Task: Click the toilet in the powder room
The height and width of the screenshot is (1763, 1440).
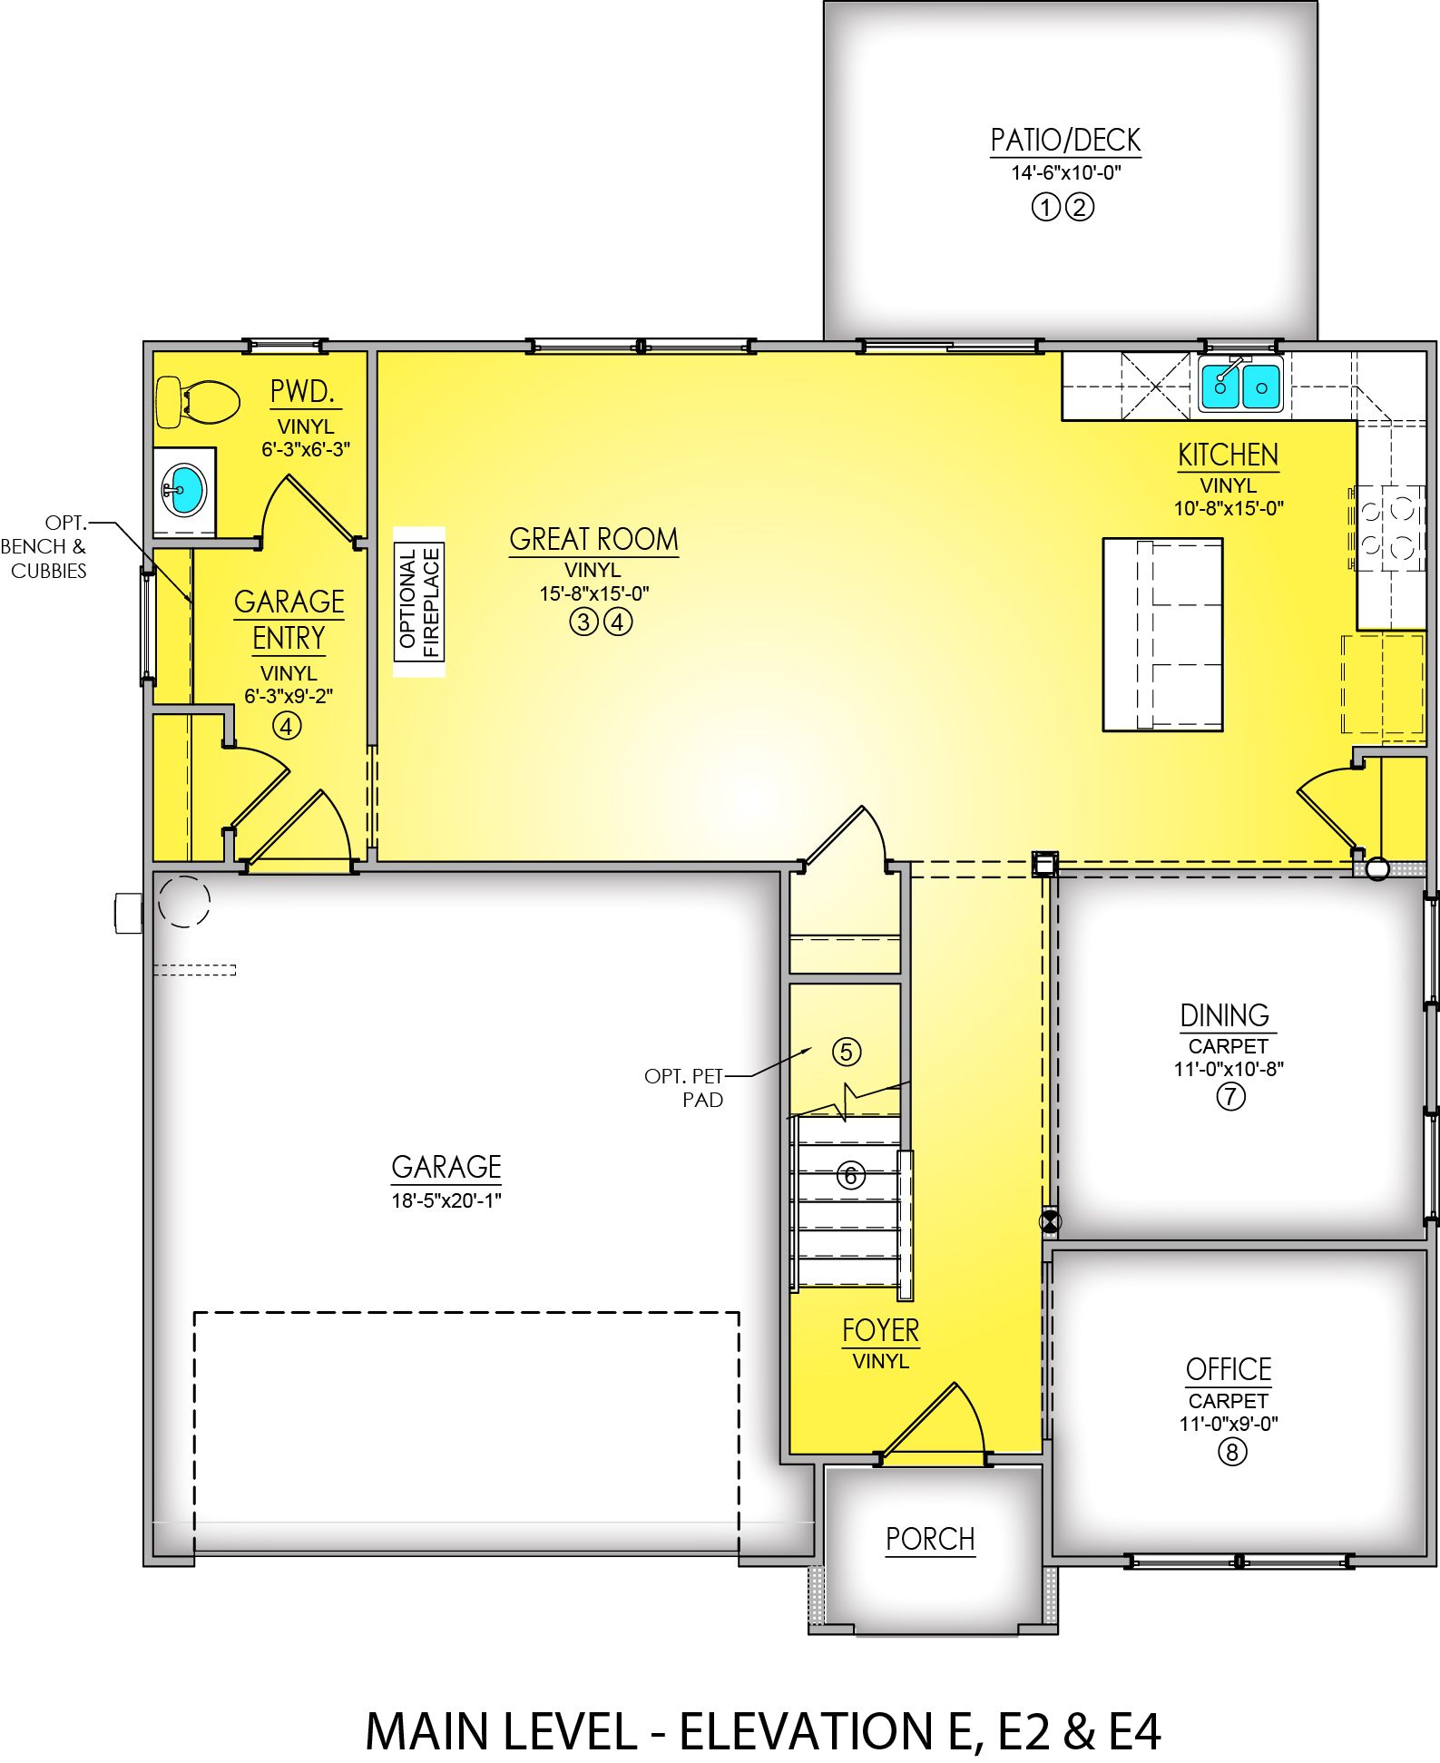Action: click(x=197, y=402)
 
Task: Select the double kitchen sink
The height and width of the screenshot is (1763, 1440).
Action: click(x=1239, y=384)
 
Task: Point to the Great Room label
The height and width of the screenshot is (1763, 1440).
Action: click(x=593, y=540)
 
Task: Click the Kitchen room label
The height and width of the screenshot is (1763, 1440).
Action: click(x=1228, y=455)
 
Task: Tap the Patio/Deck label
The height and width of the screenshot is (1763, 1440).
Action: click(x=1065, y=141)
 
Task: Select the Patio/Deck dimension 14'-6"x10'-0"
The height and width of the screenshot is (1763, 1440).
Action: click(x=1066, y=172)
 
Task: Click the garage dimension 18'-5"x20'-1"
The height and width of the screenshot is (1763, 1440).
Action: click(x=446, y=1200)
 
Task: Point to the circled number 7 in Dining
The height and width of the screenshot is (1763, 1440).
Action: click(x=1230, y=1096)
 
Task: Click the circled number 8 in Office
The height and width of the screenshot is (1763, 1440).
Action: click(x=1231, y=1452)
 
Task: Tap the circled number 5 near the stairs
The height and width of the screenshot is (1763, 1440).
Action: click(x=847, y=1052)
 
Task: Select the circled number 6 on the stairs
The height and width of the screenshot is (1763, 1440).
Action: click(x=850, y=1176)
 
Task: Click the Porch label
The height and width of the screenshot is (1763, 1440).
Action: click(x=930, y=1539)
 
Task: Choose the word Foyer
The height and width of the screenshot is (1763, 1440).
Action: click(x=880, y=1331)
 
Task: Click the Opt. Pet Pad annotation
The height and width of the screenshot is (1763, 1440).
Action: click(x=685, y=1088)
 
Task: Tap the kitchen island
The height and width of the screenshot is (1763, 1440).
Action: click(x=1162, y=634)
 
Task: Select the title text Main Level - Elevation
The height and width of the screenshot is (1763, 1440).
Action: click(x=763, y=1730)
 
